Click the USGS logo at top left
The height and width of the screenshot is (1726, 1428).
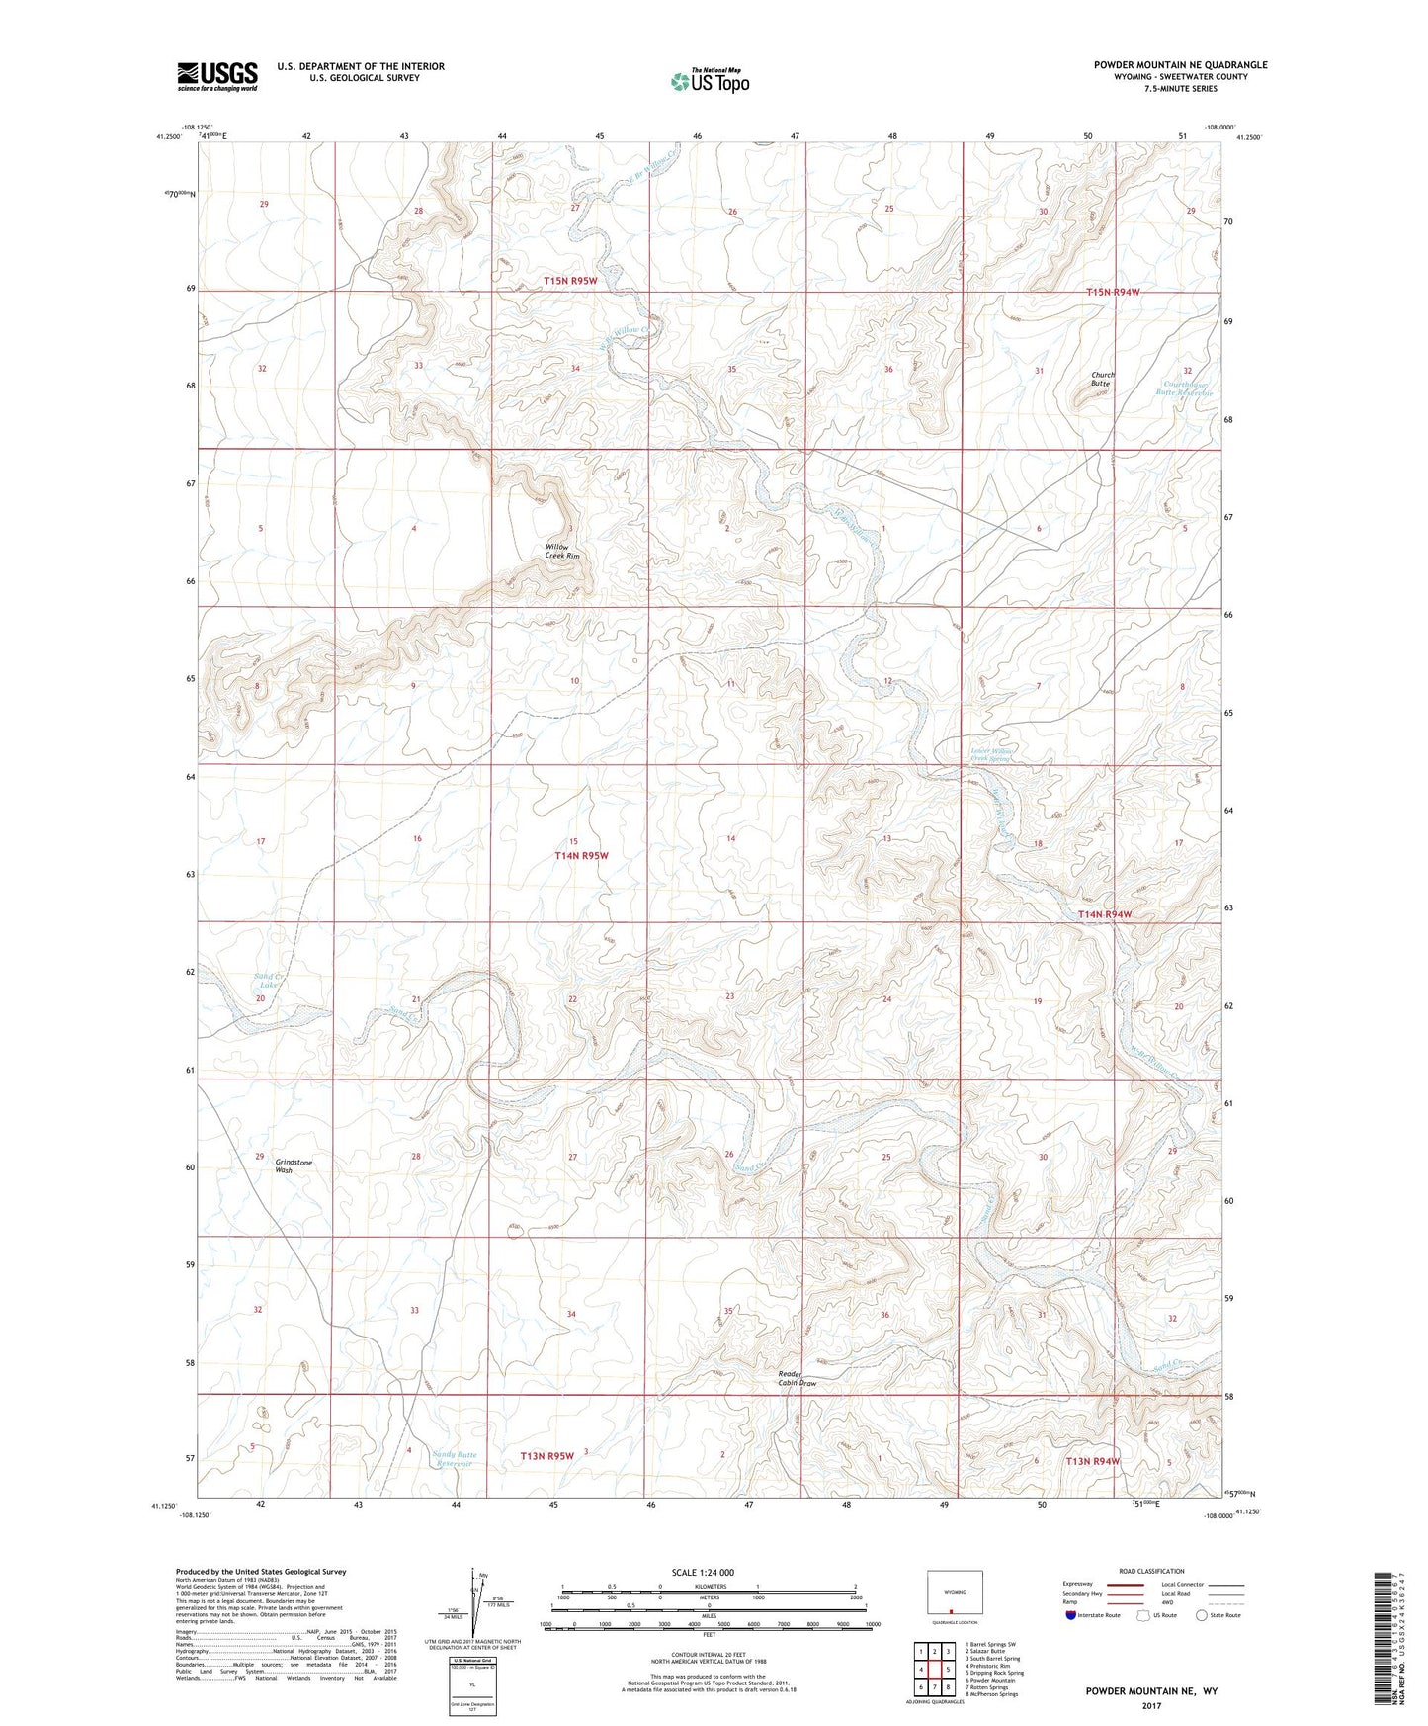[x=217, y=76]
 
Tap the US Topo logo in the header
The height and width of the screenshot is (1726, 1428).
[x=709, y=81]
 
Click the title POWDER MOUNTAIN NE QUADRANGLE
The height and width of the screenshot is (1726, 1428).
[x=1180, y=65]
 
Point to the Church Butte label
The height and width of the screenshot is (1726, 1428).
[x=1103, y=380]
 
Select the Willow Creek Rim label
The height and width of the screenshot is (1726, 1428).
[x=562, y=552]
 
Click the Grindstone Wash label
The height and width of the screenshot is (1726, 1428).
[x=293, y=1166]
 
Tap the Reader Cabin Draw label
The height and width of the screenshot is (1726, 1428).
[x=798, y=1379]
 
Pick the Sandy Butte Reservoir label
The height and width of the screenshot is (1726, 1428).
[x=455, y=1459]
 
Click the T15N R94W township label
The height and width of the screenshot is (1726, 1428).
[x=1113, y=293]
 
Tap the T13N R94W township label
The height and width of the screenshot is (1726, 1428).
[x=1092, y=1461]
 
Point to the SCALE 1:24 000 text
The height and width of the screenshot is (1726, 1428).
[x=703, y=1573]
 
